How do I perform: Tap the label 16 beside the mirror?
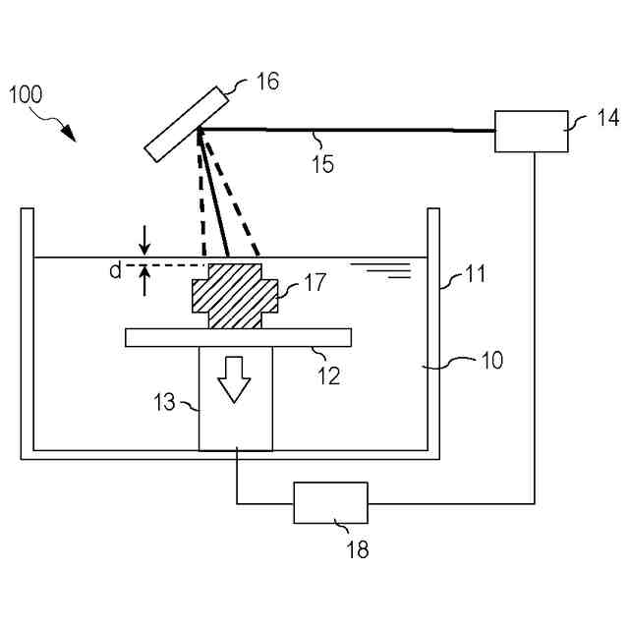pyautogui.click(x=266, y=81)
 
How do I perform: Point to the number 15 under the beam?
pyautogui.click(x=322, y=162)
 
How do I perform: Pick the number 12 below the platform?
pyautogui.click(x=328, y=374)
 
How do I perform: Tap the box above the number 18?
pyautogui.click(x=331, y=503)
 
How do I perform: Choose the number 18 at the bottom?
pyautogui.click(x=359, y=549)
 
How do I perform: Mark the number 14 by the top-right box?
pyautogui.click(x=608, y=119)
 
